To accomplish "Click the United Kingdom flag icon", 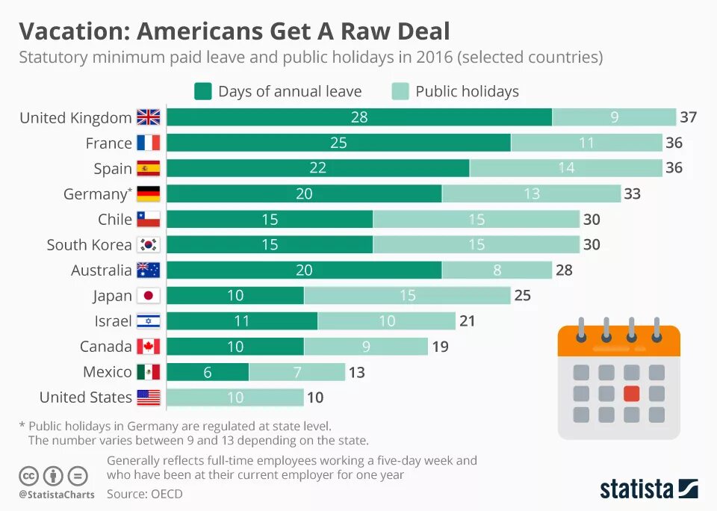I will pos(149,117).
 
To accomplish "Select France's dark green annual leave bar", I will pos(338,143).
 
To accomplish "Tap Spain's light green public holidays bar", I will pos(565,168).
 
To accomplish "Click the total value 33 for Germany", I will pos(632,193).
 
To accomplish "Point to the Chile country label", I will pos(115,219).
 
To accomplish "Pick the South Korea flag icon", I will pos(149,244).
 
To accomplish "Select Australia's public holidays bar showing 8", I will pos(497,270).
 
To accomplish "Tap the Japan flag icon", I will pos(149,295).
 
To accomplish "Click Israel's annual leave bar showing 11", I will pos(242,320).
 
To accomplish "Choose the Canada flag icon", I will pos(149,346).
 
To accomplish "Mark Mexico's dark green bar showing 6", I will pos(208,371).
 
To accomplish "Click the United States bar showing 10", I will pos(235,397).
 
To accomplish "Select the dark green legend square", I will pos(203,91).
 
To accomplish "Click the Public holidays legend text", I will pos(467,91).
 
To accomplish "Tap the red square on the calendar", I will pos(632,392).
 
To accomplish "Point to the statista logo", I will pos(648,489).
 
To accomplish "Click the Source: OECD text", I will pos(144,494).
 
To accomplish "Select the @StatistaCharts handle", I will pos(57,495).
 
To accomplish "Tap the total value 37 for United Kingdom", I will pos(688,117).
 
